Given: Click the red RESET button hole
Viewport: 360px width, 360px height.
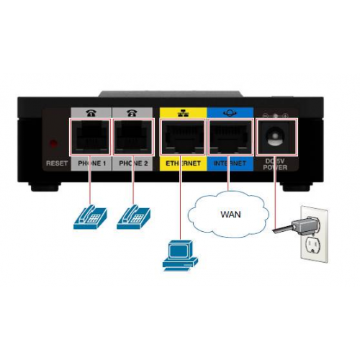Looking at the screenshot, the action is (x=53, y=144).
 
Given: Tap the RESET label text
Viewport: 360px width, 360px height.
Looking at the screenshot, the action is (x=57, y=163).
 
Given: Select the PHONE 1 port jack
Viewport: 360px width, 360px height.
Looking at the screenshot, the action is (x=90, y=137).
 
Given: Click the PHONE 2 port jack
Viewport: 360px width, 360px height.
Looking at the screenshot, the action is (x=132, y=137).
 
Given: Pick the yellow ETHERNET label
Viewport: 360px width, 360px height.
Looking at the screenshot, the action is (x=183, y=163).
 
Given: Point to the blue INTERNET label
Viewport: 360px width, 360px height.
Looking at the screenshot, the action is (x=230, y=163).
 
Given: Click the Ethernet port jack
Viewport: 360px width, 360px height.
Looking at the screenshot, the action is (x=183, y=137).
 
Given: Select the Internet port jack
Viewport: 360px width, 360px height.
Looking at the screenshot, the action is (x=230, y=137).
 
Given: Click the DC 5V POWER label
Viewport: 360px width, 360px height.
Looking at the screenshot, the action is (x=275, y=164).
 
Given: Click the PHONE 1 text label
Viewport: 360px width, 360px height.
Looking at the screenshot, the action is (x=92, y=163).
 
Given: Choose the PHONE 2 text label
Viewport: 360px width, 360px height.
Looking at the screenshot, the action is (x=133, y=163).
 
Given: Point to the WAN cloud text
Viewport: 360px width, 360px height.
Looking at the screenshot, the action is (x=230, y=215).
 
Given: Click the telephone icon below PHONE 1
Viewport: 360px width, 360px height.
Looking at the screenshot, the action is (x=90, y=217).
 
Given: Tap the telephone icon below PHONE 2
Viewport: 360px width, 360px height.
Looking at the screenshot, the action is (x=133, y=217).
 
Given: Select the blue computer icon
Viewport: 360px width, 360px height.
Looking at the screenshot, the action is (x=180, y=255).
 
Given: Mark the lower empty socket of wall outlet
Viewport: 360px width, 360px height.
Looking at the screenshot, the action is (x=312, y=246).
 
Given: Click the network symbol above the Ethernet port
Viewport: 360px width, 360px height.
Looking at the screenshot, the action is (x=183, y=113).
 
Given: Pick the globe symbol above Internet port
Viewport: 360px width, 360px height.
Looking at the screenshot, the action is (x=230, y=113).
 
